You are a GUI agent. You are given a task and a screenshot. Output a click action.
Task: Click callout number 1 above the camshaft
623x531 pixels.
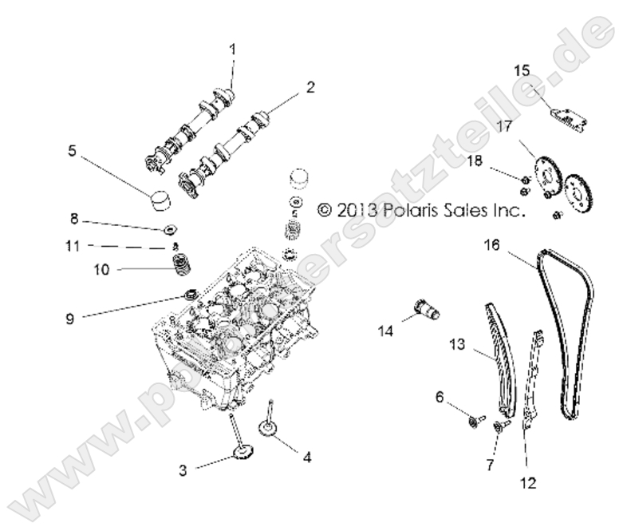[233, 50]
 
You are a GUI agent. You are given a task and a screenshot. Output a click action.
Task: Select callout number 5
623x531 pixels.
[73, 149]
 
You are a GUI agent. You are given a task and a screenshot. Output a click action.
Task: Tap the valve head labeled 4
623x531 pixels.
[271, 431]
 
